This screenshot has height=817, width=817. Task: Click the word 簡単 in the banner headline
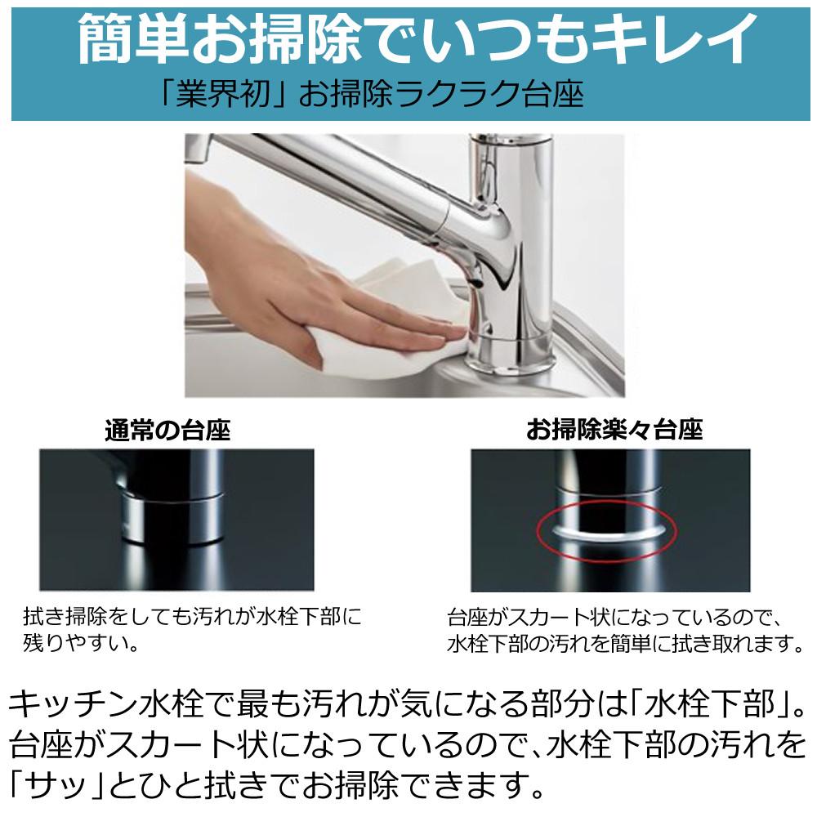coord(133,39)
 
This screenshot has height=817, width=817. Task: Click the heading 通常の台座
coord(167,431)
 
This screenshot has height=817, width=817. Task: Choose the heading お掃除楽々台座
coord(614,431)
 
